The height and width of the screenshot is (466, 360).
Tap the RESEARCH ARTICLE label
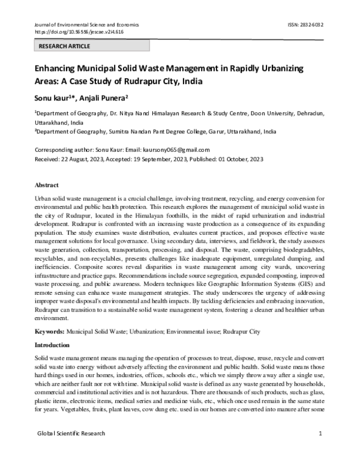pos(64,46)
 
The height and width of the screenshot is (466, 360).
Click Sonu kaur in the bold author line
pos(52,97)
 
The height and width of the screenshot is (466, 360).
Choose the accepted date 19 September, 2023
pos(155,159)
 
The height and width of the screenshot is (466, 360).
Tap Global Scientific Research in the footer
pos(71,433)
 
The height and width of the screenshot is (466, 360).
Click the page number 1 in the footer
pos(322,433)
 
